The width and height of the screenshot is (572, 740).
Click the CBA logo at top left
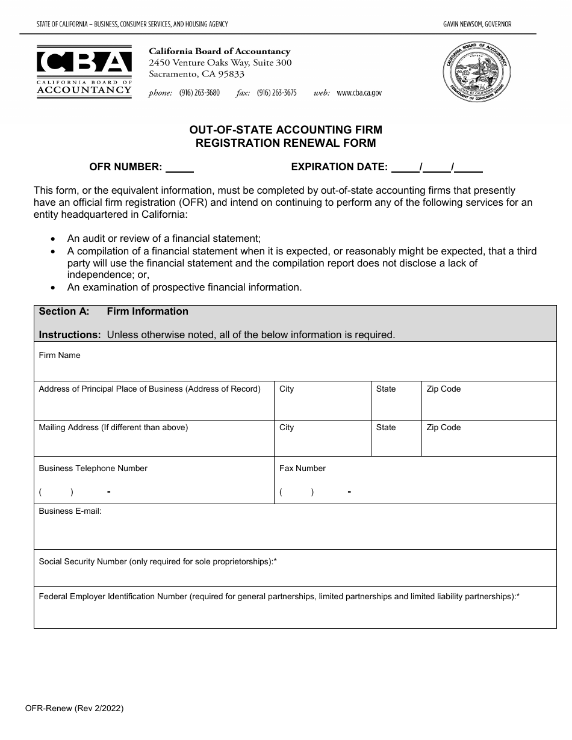[x=84, y=72]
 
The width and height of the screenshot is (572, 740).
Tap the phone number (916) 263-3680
[x=199, y=93]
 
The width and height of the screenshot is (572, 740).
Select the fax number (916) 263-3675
[x=276, y=93]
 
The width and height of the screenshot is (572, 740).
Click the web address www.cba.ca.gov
[x=359, y=93]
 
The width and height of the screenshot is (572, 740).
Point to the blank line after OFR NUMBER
[x=179, y=168]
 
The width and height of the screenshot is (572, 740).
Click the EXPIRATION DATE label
[x=339, y=167]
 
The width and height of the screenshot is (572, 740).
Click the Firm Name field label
[x=60, y=356]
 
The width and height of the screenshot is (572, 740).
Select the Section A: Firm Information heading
[x=114, y=312]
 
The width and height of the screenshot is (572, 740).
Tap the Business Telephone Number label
[x=93, y=469]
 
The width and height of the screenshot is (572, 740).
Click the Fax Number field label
[x=302, y=469]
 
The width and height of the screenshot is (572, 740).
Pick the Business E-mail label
[x=70, y=511]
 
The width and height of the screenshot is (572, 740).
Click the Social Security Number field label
[x=157, y=562]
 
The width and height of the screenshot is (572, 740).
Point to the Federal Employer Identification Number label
[x=279, y=597]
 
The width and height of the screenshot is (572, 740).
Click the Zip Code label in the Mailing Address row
[x=443, y=428]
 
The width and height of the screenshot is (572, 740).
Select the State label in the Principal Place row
[x=386, y=389]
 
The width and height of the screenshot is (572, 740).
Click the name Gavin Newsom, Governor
[x=477, y=24]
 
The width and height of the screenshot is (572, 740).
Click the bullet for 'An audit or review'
[x=54, y=239]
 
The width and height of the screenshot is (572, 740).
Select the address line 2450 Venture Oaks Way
[x=220, y=63]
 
